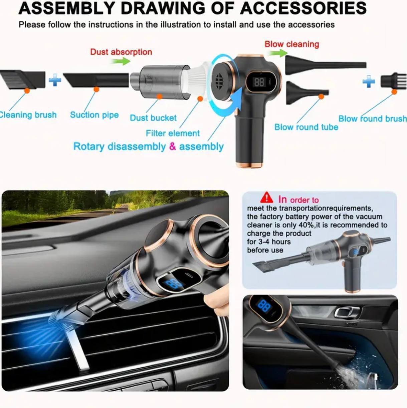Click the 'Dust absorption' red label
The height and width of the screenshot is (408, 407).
pos(121,52)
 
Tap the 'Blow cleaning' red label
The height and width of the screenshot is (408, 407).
pos(292,44)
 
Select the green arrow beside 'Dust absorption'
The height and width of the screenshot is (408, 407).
pos(121,61)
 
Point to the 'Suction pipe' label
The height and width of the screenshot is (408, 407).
pos(94,115)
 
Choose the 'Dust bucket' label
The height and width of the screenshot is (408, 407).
pos(153,118)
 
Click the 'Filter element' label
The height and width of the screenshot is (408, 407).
pos(173,133)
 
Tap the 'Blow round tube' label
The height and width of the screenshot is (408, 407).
pos(306,127)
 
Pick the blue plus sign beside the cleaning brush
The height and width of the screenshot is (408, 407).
pos(55,80)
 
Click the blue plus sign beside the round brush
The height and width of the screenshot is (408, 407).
pos(369,81)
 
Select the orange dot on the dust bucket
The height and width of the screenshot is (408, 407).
pos(160,96)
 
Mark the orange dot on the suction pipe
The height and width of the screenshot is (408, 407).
pos(96,89)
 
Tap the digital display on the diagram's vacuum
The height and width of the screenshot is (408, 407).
pos(259,82)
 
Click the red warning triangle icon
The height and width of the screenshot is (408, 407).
pos(266,197)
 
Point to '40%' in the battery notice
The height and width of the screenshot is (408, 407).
pos(306,225)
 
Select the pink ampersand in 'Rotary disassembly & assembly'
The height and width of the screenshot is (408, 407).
pos(172,146)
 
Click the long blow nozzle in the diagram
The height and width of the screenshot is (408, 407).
pos(326,65)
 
